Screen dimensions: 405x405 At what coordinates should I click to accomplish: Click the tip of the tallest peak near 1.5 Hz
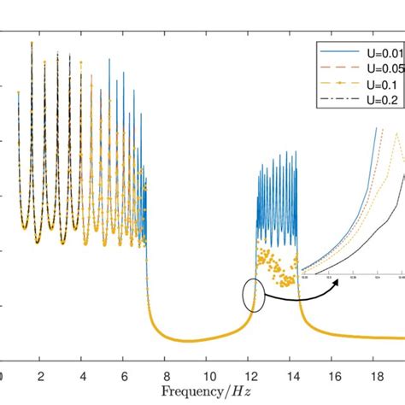click(x=32, y=43)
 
